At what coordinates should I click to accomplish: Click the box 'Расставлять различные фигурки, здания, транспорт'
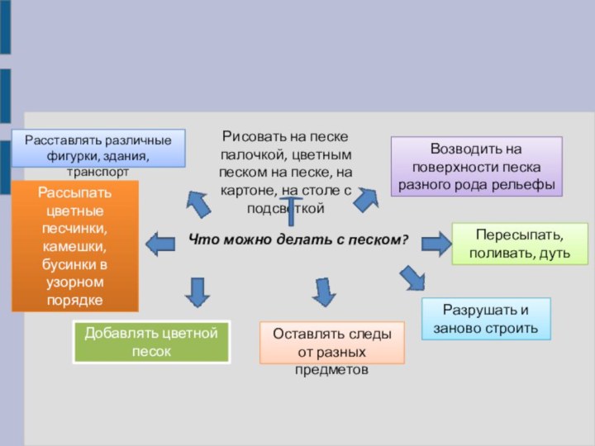[x=98, y=148]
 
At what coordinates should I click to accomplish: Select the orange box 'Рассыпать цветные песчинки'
[x=74, y=245]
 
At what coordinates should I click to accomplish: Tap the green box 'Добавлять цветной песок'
[x=151, y=342]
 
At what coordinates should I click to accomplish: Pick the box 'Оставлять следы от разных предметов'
[x=331, y=343]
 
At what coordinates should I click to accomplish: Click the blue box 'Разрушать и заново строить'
[x=485, y=320]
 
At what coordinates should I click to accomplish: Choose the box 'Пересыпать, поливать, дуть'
[x=519, y=243]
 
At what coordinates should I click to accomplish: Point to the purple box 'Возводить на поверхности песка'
[x=476, y=166]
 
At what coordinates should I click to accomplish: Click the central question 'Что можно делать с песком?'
[x=298, y=240]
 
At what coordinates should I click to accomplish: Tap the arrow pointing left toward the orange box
[x=160, y=243]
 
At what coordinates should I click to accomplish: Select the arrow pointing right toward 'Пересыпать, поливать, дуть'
[x=436, y=243]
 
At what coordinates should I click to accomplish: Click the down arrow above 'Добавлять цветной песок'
[x=197, y=292]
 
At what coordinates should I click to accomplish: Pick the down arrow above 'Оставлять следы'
[x=324, y=292]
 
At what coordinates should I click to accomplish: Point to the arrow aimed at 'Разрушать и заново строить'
[x=412, y=278]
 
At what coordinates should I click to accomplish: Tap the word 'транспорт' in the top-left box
[x=98, y=173]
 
